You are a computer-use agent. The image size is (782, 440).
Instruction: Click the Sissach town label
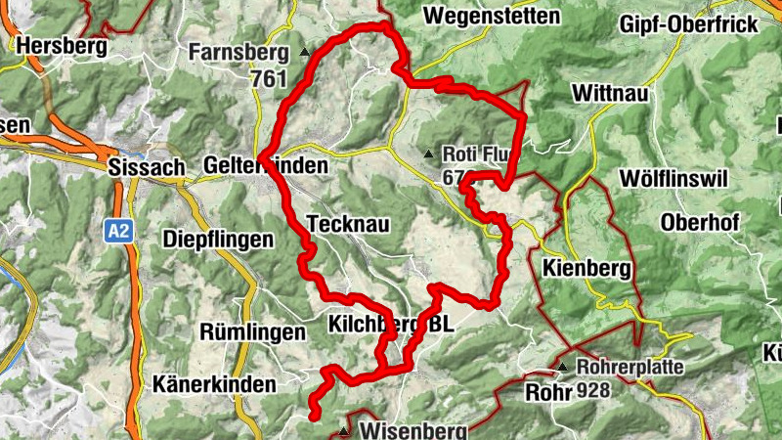(148, 167)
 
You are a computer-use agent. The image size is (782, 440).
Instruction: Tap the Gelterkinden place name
(266, 166)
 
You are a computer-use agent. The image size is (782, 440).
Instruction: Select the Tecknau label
(348, 225)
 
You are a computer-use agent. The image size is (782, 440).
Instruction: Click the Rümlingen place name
(252, 332)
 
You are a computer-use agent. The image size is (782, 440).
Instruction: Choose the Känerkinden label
(214, 385)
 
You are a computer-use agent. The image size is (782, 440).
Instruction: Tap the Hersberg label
(60, 45)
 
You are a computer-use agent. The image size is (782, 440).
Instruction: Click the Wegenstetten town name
(492, 16)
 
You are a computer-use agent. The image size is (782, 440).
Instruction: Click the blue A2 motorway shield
(118, 232)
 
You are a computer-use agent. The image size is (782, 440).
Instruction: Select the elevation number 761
(269, 78)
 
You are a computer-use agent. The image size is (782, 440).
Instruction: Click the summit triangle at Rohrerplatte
(563, 368)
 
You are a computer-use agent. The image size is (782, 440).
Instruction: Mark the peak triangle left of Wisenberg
(343, 430)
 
